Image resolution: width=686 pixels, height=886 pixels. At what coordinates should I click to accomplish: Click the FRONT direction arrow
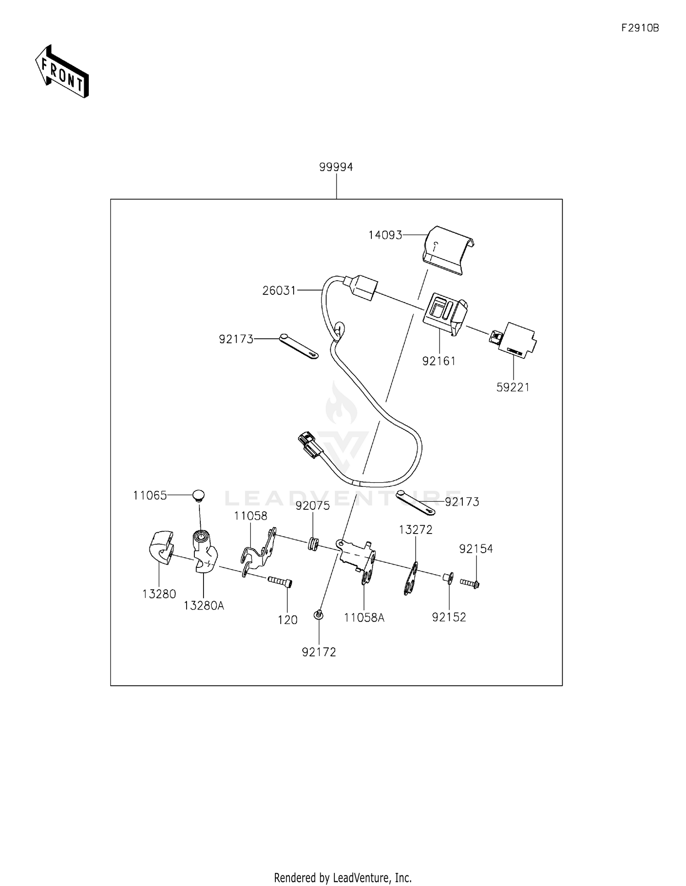(x=62, y=72)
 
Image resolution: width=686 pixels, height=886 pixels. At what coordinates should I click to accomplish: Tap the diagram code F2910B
(x=640, y=28)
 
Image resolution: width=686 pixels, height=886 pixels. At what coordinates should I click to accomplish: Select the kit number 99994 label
(x=336, y=167)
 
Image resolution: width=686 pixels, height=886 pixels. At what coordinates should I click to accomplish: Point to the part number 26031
(x=279, y=291)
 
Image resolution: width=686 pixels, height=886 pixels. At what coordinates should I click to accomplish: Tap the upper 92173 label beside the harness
(x=236, y=339)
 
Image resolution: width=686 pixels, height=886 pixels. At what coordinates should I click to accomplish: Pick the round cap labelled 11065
(x=198, y=495)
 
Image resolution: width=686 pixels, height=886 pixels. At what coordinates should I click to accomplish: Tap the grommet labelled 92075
(x=313, y=544)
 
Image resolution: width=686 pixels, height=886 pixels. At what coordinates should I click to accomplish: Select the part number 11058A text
(x=364, y=618)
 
